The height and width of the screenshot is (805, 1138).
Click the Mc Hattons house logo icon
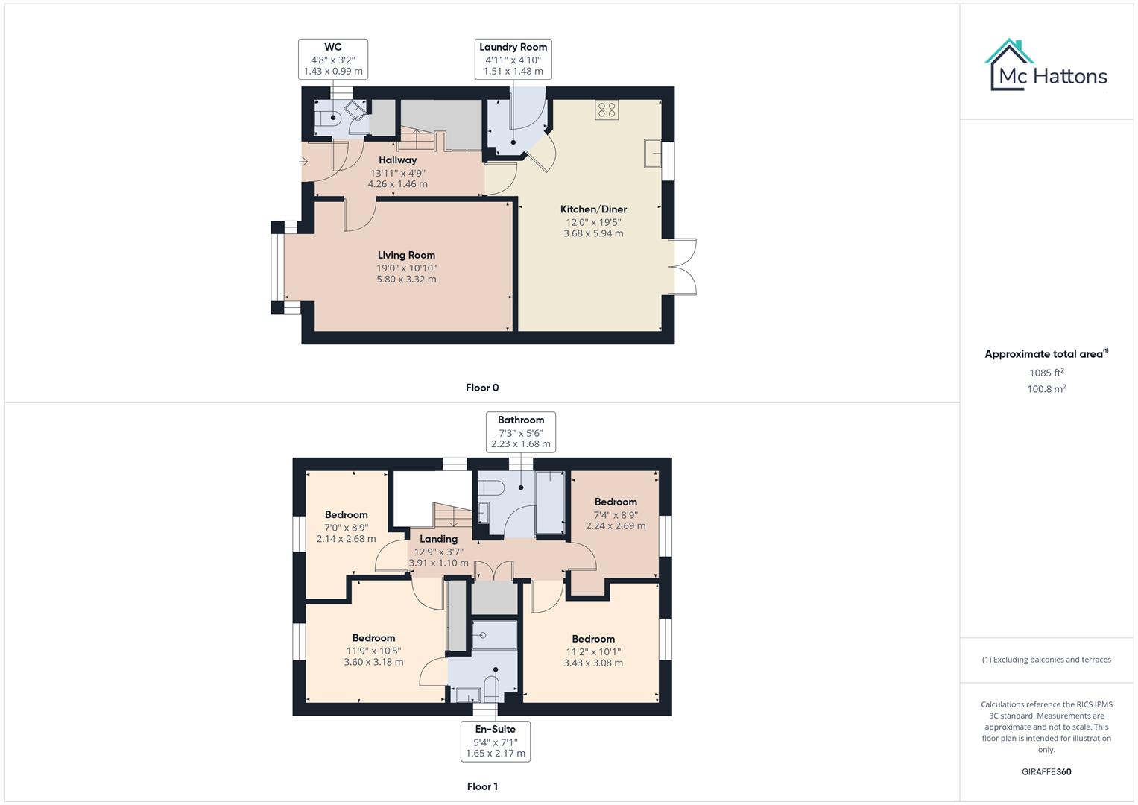pyautogui.click(x=1009, y=65)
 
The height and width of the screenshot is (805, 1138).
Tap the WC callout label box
pyautogui.click(x=333, y=59)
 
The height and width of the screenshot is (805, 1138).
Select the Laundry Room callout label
pyautogui.click(x=513, y=59)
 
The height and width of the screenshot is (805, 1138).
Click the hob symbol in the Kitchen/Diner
pyautogui.click(x=607, y=110)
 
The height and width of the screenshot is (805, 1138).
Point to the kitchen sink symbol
pyautogui.click(x=653, y=154)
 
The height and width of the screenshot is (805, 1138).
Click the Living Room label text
pyautogui.click(x=406, y=255)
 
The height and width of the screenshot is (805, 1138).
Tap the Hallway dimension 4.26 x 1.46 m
pyautogui.click(x=397, y=184)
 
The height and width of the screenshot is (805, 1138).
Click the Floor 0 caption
pyautogui.click(x=482, y=388)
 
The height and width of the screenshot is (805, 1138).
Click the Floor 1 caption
pyautogui.click(x=482, y=786)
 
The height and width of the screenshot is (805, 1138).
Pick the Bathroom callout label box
pyautogui.click(x=520, y=432)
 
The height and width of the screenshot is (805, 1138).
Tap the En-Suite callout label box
pyautogui.click(x=495, y=741)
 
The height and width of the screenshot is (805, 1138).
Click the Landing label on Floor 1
pyautogui.click(x=438, y=539)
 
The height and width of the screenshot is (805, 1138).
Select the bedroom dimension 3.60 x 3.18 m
pyautogui.click(x=373, y=662)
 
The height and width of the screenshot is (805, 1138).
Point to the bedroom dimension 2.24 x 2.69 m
pyautogui.click(x=616, y=526)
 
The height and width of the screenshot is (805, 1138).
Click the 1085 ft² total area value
pyautogui.click(x=1046, y=373)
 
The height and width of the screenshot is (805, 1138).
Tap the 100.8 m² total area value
pyautogui.click(x=1046, y=389)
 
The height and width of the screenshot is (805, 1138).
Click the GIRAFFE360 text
pyautogui.click(x=1046, y=771)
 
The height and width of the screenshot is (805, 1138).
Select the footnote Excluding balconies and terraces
pyautogui.click(x=1046, y=660)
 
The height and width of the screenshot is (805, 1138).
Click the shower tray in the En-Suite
pyautogui.click(x=494, y=635)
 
